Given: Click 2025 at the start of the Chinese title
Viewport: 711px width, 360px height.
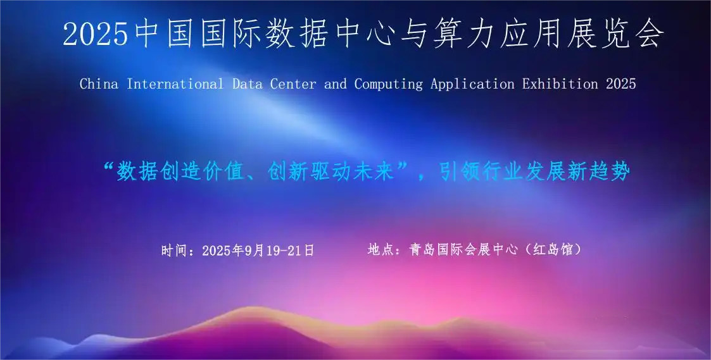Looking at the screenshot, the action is click(x=96, y=34).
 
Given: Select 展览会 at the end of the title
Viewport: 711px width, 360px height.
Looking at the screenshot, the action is click(x=615, y=34).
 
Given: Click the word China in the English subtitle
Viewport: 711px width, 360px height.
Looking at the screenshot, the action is click(x=99, y=84).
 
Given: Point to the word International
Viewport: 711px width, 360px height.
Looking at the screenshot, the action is click(x=175, y=84).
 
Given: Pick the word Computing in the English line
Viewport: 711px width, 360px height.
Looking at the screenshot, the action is click(x=388, y=84).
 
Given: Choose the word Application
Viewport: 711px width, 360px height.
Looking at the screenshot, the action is click(x=472, y=84).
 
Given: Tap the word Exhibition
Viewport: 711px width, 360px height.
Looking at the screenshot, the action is click(x=560, y=84).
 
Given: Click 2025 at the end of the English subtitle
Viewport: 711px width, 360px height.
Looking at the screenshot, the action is click(x=620, y=84).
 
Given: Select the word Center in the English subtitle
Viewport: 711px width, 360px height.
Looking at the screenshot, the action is click(x=293, y=84).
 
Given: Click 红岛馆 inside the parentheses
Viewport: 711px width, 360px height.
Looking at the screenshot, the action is click(x=553, y=250).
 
